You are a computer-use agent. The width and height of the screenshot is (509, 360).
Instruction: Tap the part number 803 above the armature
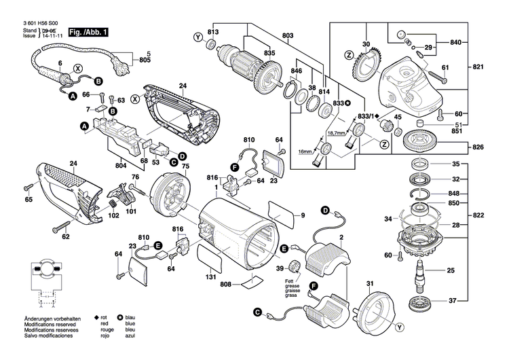point(288,35)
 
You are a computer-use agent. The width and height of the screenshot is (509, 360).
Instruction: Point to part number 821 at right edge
point(479,69)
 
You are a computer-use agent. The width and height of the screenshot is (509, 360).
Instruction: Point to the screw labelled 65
point(28,187)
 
